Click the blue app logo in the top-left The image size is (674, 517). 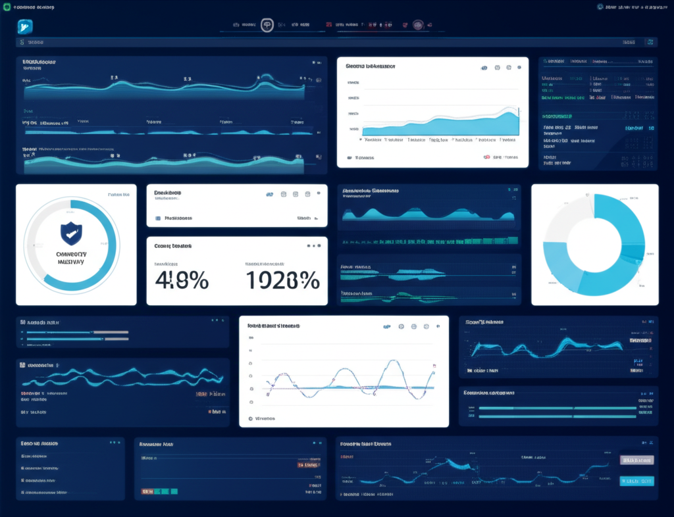coord(25,26)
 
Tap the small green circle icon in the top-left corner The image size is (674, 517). coord(7,7)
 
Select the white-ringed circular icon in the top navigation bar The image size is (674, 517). coord(267,25)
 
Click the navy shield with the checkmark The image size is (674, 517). coord(71,234)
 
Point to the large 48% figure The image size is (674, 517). coord(182,280)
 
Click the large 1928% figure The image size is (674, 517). coord(282,280)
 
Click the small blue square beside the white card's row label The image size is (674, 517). coord(157,218)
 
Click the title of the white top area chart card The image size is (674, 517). coord(370,66)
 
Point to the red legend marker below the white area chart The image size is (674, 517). coord(487,158)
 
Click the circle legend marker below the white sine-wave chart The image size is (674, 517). coord(250,418)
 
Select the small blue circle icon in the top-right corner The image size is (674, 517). coord(600,7)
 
